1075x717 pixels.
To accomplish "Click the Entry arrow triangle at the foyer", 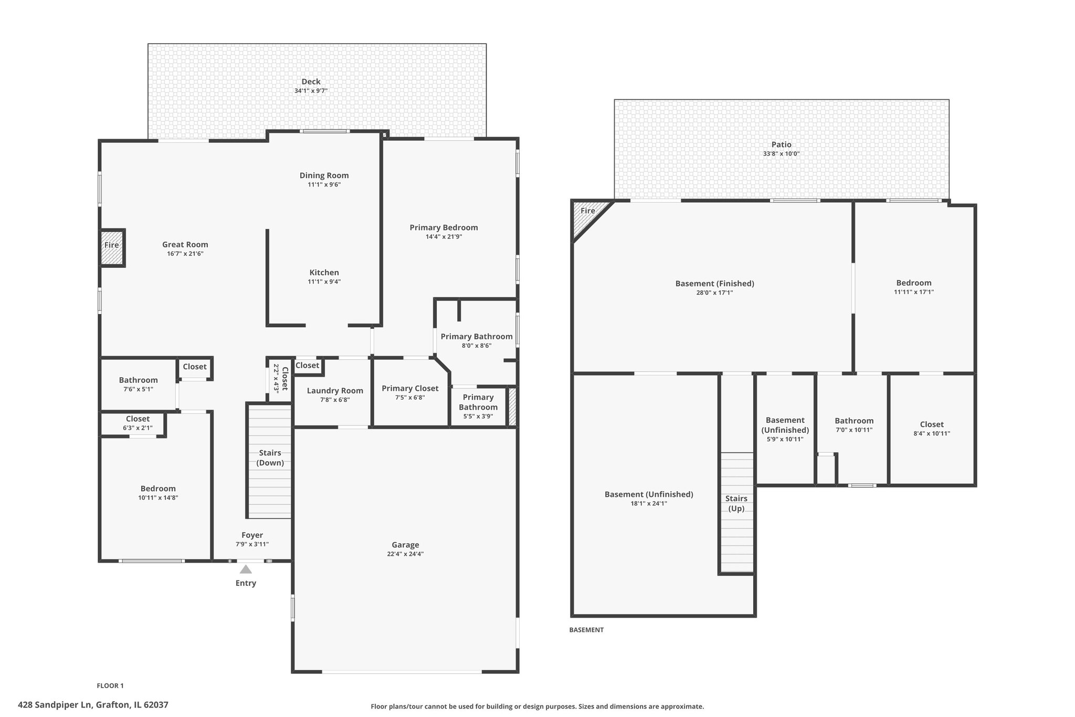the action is (x=246, y=569).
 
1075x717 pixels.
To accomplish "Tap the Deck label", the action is (x=311, y=81).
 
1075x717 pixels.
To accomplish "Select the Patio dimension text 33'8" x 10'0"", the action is (x=781, y=154).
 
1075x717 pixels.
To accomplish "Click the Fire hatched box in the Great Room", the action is (x=112, y=248).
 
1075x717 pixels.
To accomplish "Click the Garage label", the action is (x=405, y=545).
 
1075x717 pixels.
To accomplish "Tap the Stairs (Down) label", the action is (x=270, y=458).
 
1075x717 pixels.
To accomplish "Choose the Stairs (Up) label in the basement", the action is (x=736, y=503).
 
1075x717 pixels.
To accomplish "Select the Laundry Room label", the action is (x=335, y=390).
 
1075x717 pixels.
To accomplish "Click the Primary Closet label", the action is (x=410, y=388).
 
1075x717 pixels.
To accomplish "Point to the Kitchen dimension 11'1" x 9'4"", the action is (x=324, y=282).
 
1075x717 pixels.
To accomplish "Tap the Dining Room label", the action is (x=324, y=175).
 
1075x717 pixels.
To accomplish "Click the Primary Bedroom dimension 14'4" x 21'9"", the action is (x=444, y=237).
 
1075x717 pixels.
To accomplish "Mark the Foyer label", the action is (x=252, y=535).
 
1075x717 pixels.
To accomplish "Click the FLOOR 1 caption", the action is (x=110, y=685).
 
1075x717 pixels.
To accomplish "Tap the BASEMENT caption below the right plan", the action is (x=586, y=630).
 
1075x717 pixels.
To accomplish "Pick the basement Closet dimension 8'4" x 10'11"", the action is (x=932, y=434).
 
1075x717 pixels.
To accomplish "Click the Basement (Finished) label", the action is (x=714, y=284).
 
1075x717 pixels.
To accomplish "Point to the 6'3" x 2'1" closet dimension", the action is (x=138, y=428).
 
